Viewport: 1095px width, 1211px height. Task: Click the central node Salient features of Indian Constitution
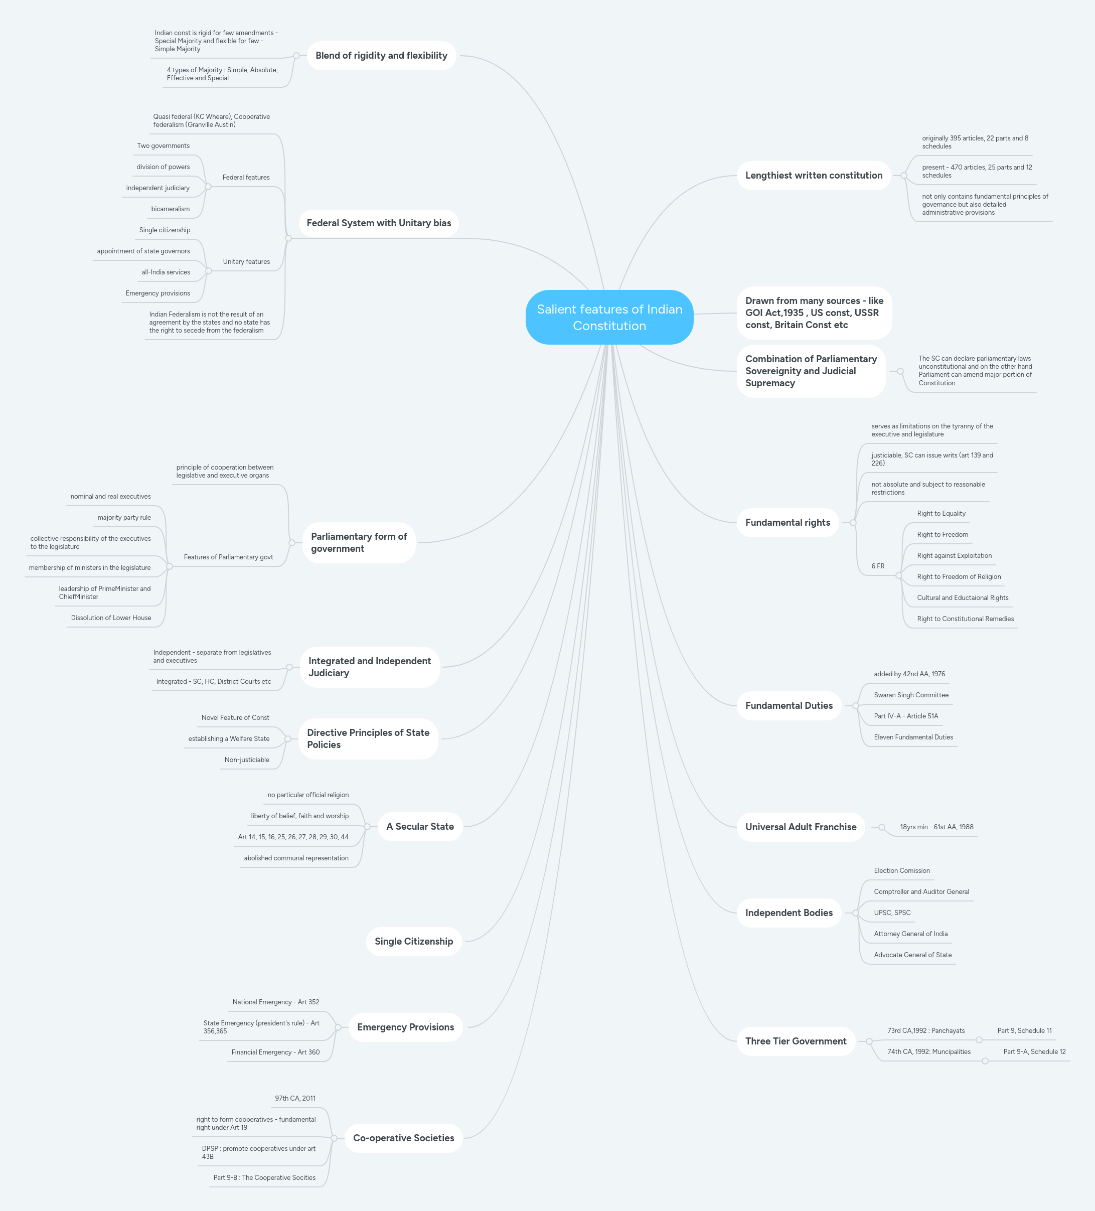(x=609, y=317)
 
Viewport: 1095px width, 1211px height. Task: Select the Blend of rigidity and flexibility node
(x=381, y=56)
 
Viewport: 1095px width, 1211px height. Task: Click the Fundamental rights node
(x=788, y=523)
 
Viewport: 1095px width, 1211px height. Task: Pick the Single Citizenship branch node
(x=413, y=941)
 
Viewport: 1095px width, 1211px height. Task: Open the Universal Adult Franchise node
(x=801, y=827)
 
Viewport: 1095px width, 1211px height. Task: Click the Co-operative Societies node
(x=403, y=1138)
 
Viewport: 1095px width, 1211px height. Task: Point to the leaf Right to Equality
(x=941, y=514)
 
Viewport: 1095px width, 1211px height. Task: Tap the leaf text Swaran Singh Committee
(x=910, y=695)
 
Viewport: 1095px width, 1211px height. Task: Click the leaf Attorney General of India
(x=910, y=934)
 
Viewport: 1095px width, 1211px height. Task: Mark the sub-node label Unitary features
(x=246, y=262)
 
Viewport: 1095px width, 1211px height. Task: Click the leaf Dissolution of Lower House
(x=111, y=618)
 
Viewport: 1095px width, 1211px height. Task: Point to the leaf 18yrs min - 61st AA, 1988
(x=936, y=827)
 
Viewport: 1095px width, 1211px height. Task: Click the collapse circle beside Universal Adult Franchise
(x=882, y=827)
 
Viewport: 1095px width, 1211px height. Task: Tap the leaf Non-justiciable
(x=247, y=760)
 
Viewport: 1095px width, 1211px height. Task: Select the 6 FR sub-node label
(x=878, y=566)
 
